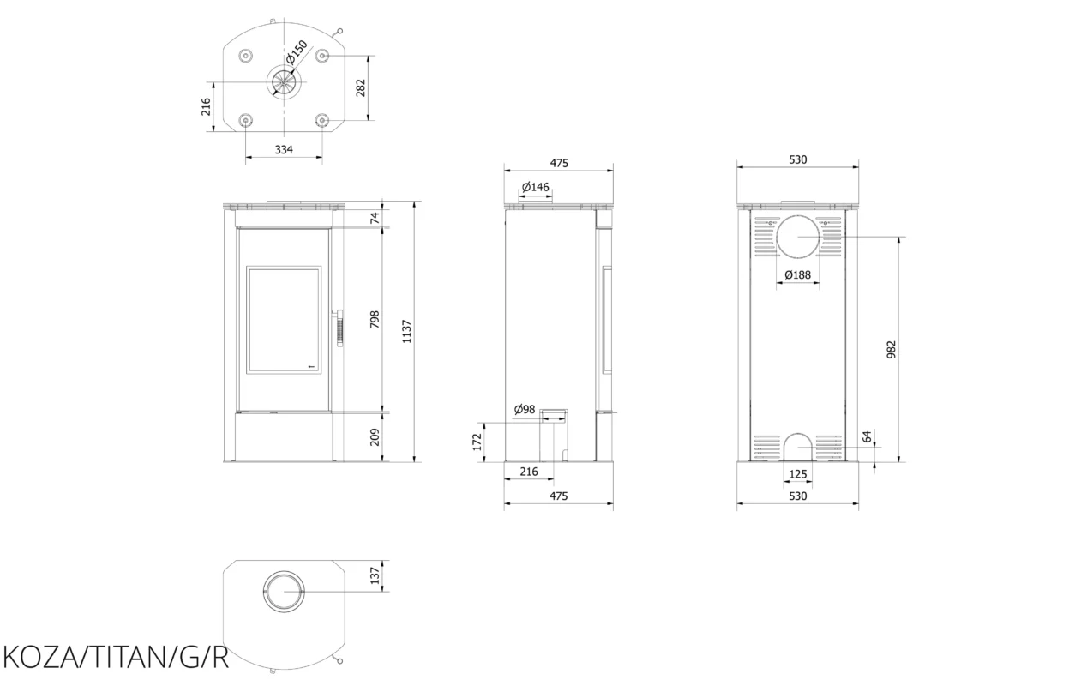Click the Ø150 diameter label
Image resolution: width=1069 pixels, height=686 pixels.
pos(297,52)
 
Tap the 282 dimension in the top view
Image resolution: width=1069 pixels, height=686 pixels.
pos(361,88)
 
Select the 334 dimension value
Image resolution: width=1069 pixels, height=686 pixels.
pos(284,150)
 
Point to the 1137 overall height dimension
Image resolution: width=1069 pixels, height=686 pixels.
pos(406,332)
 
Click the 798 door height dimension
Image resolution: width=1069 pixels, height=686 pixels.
pos(375,319)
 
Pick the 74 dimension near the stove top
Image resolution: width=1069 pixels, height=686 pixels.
pos(375,218)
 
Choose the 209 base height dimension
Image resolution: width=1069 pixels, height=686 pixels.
pos(375,437)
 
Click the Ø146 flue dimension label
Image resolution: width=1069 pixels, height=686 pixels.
pos(536,187)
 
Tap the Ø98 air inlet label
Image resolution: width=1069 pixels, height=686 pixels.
pos(525,409)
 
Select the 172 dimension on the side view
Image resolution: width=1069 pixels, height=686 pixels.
pos(477,442)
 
